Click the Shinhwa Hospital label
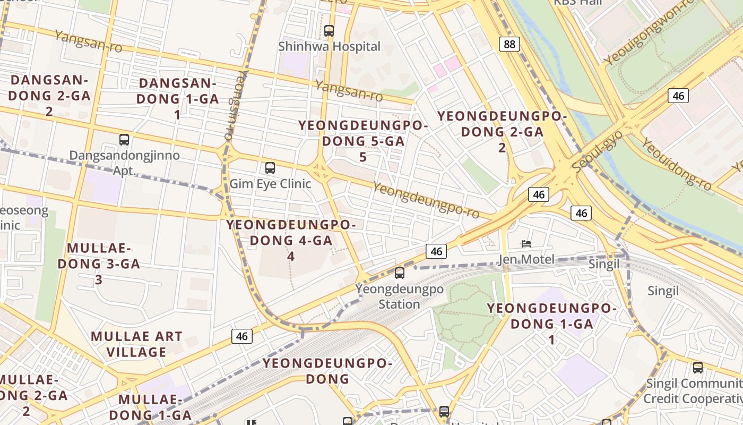click(329, 47)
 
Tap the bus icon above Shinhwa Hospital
click(329, 31)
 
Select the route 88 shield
click(509, 44)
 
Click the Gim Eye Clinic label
click(270, 184)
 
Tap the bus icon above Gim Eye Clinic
click(270, 168)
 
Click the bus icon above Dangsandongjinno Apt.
click(124, 140)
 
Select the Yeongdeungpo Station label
click(399, 297)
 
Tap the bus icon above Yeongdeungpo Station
click(399, 273)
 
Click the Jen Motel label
click(526, 260)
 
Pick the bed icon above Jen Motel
click(526, 244)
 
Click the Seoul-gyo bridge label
click(598, 151)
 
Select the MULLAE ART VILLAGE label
click(136, 344)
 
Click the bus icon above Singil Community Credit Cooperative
click(697, 367)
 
